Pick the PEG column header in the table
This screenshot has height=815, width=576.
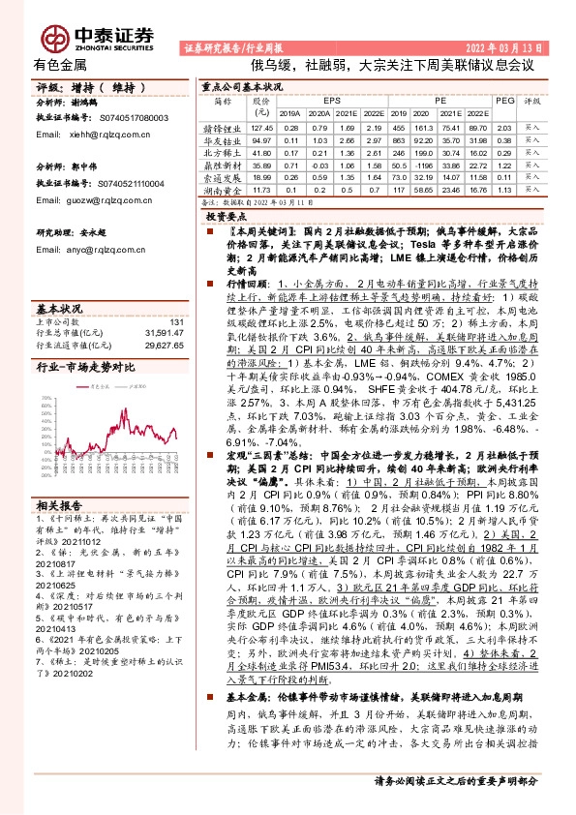(x=503, y=100)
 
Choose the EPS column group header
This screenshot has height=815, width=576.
(x=333, y=100)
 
